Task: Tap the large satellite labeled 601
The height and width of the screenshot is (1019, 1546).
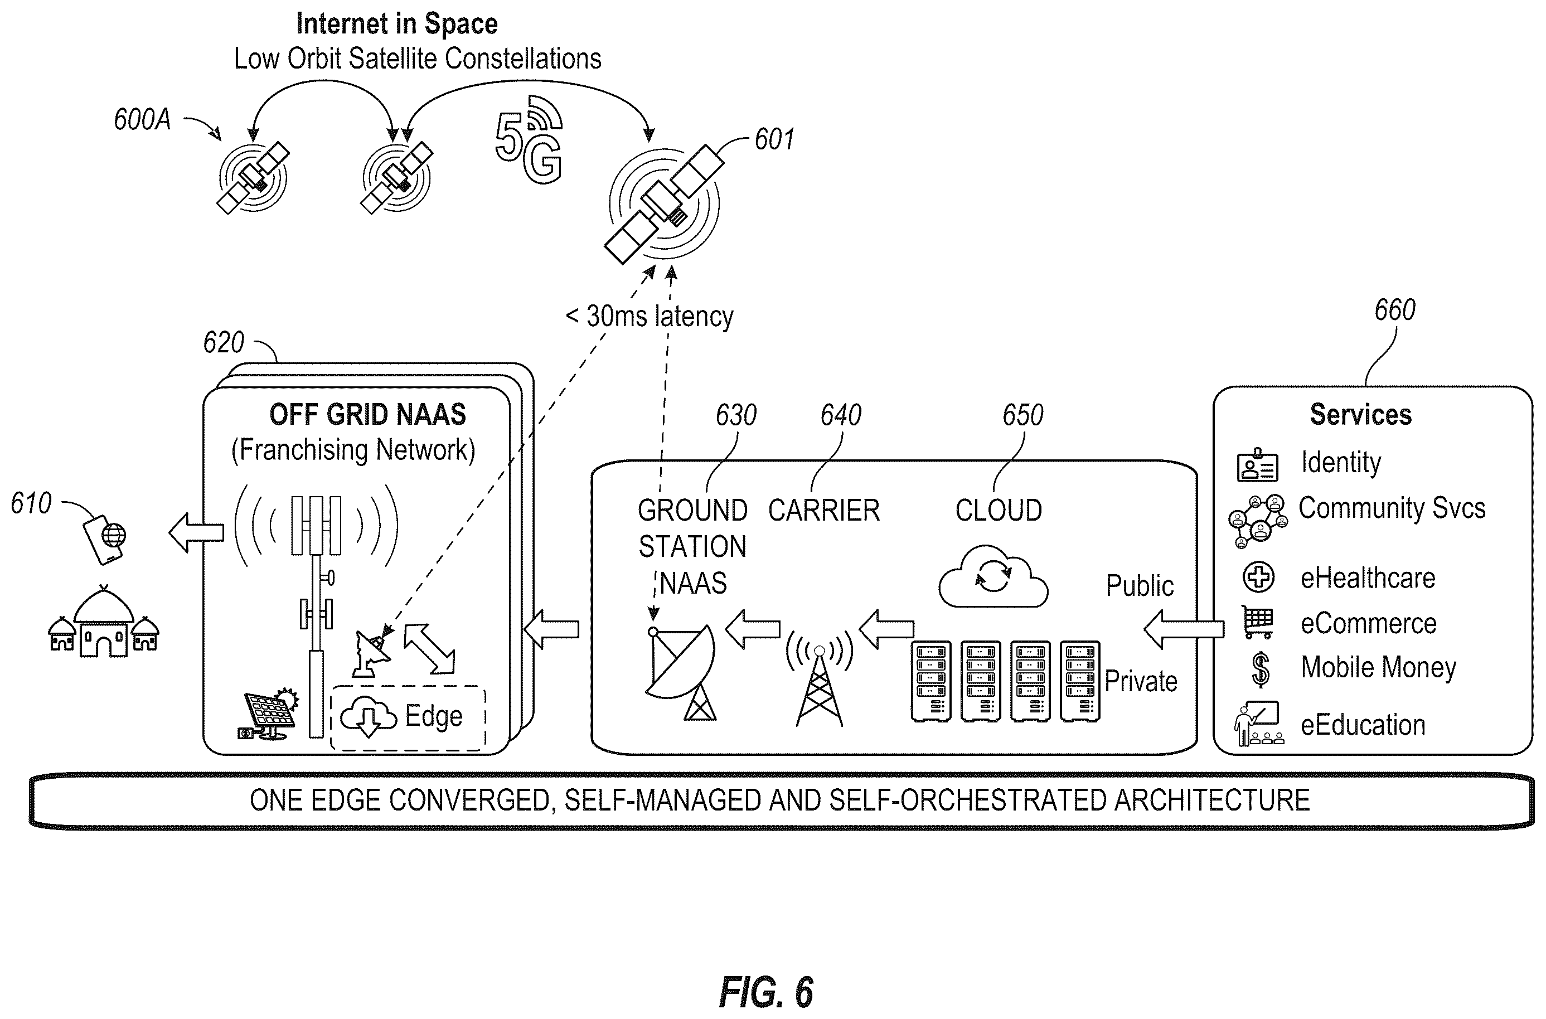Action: [664, 203]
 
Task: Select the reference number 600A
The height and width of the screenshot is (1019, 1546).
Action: [142, 120]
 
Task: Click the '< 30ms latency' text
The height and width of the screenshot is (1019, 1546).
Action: [649, 317]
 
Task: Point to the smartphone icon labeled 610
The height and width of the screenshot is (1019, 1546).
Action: [104, 540]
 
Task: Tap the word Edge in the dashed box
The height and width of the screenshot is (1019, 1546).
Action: [433, 716]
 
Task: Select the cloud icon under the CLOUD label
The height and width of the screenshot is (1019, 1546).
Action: [993, 576]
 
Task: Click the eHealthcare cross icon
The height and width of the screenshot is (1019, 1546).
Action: [1258, 577]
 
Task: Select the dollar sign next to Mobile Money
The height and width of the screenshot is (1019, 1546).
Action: [1260, 669]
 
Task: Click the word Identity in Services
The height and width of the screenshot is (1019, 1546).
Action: [1341, 463]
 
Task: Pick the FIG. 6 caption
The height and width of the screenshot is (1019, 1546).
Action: [765, 991]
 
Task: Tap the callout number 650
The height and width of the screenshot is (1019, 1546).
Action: [1023, 415]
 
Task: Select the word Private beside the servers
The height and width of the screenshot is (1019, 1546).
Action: [1141, 681]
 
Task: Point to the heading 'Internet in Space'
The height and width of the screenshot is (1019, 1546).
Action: [396, 23]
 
